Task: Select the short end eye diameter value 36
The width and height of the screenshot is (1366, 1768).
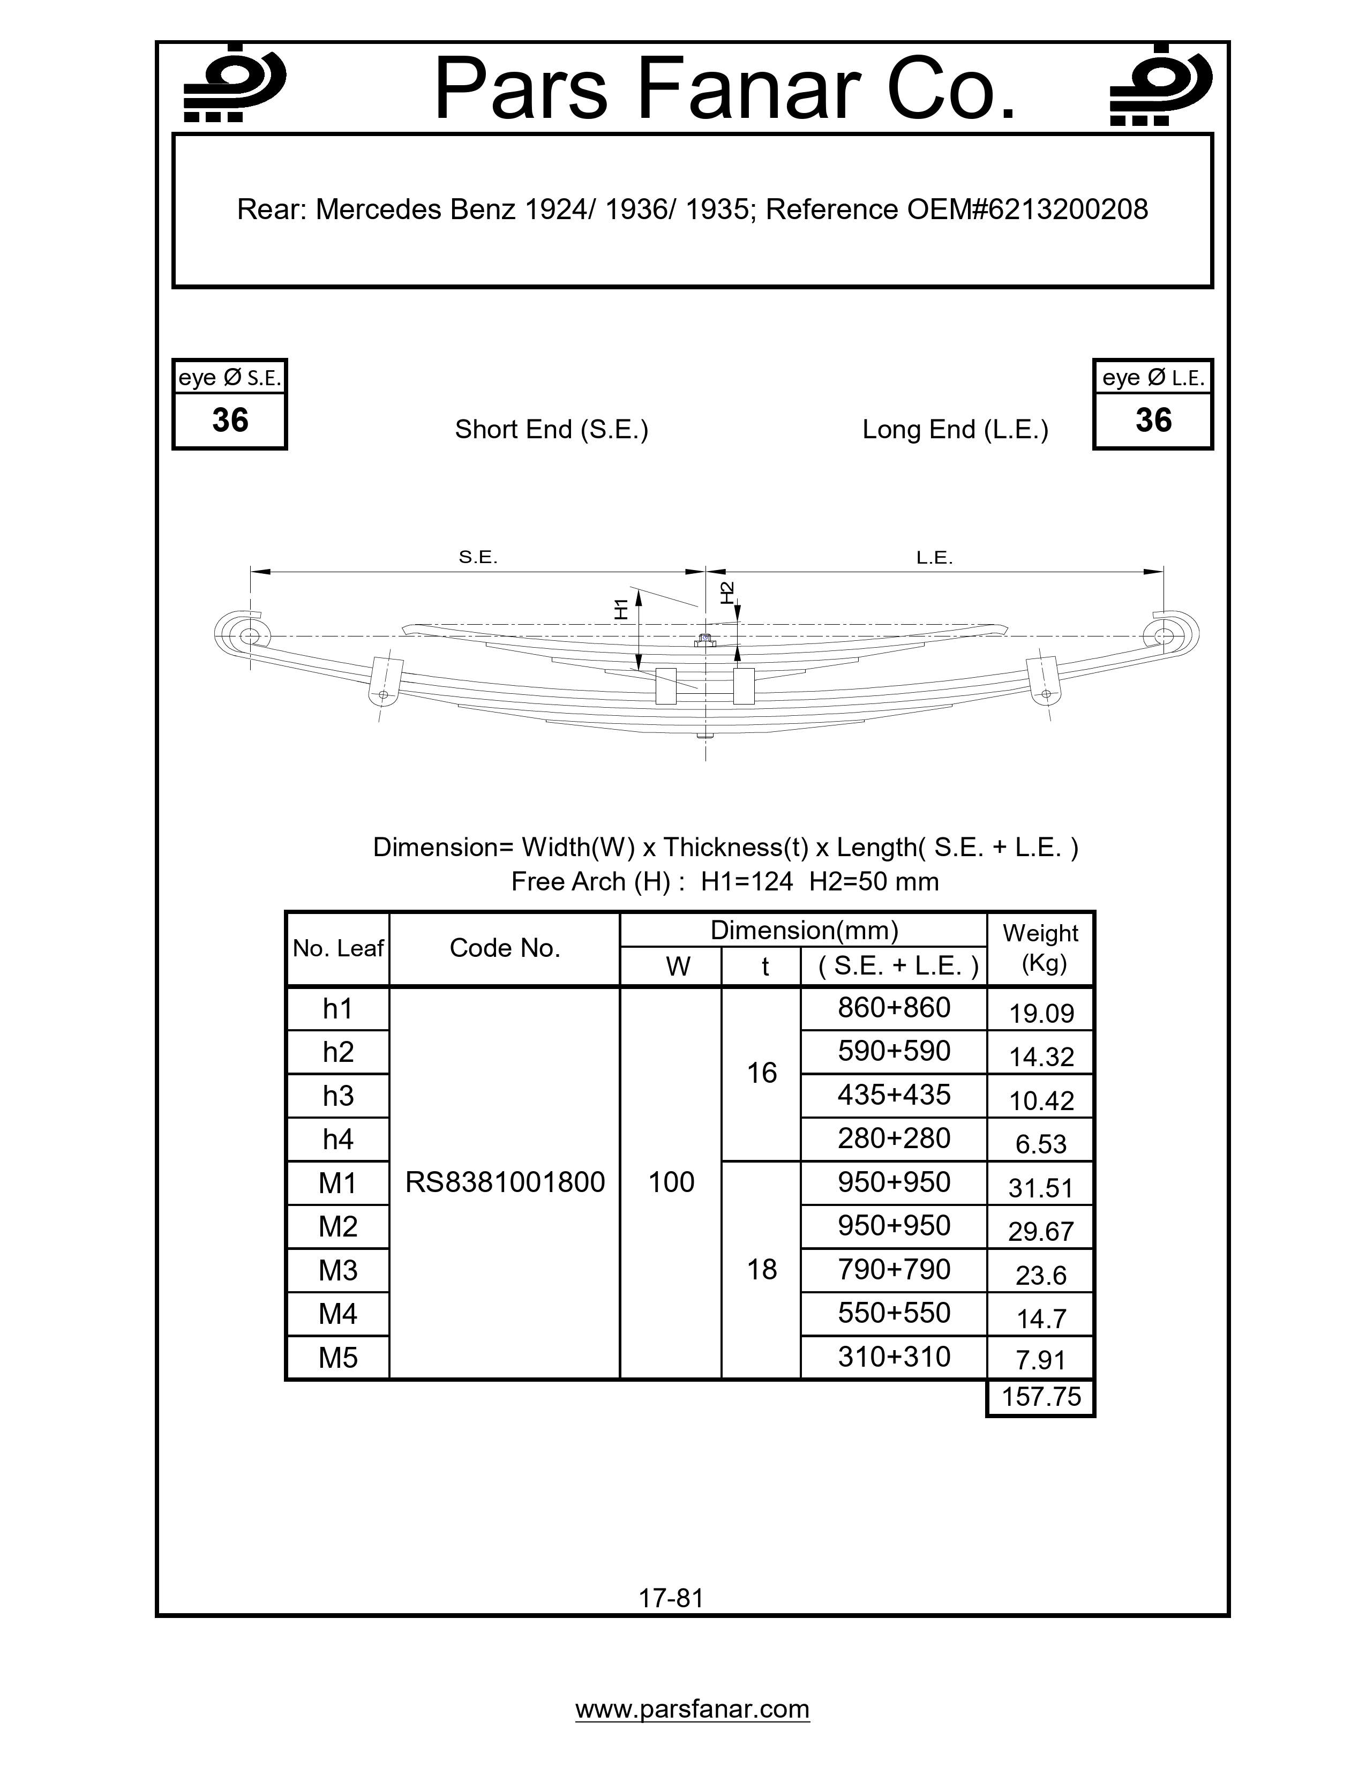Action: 230,420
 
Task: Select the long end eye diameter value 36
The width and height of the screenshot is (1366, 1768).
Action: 1153,420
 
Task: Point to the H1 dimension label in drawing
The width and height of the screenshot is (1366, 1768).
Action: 621,608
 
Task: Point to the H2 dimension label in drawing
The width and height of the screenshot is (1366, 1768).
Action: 727,593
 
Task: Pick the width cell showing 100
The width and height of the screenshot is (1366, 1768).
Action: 671,1183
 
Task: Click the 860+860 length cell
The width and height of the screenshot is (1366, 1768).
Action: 894,1008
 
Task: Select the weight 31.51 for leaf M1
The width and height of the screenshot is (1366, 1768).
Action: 1041,1188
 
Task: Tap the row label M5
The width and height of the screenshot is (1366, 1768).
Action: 338,1358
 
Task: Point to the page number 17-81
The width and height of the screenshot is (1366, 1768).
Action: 671,1598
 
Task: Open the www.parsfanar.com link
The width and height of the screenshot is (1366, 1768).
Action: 692,1709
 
